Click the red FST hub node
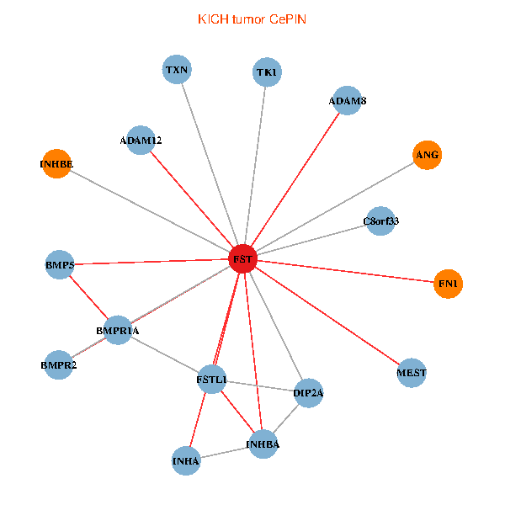242,260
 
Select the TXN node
176,70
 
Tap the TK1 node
267,72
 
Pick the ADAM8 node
347,101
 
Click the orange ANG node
428,155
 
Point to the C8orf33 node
380,221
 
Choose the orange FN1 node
448,284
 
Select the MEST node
412,373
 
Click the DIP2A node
309,393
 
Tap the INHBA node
263,444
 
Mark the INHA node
186,461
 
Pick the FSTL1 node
211,380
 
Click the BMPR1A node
118,331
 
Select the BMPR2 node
58,365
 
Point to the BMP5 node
61,265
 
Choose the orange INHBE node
56,163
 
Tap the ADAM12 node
141,140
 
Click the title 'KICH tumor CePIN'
252,19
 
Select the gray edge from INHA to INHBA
224,453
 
